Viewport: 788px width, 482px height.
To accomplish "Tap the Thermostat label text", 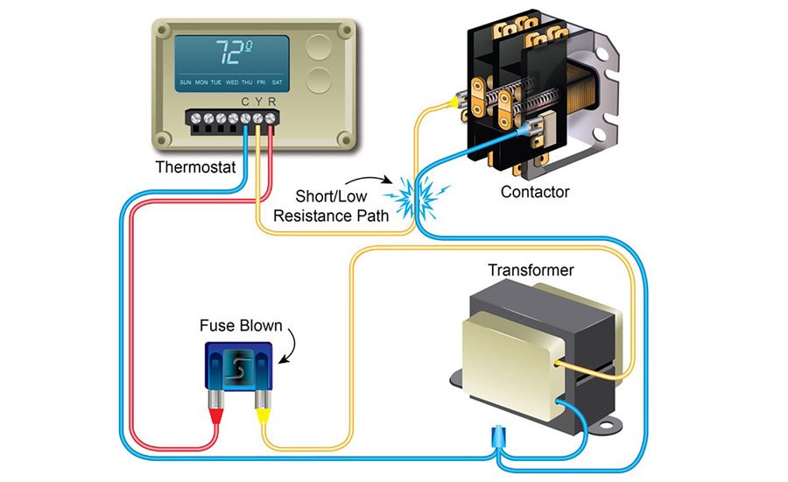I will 195,166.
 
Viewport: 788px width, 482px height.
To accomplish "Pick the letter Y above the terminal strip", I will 258,103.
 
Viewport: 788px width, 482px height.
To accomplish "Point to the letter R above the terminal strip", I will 272,103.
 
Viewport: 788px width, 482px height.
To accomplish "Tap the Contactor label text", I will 535,191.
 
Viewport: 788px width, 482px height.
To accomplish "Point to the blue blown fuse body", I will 239,366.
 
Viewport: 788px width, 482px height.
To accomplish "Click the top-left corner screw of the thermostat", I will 164,32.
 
